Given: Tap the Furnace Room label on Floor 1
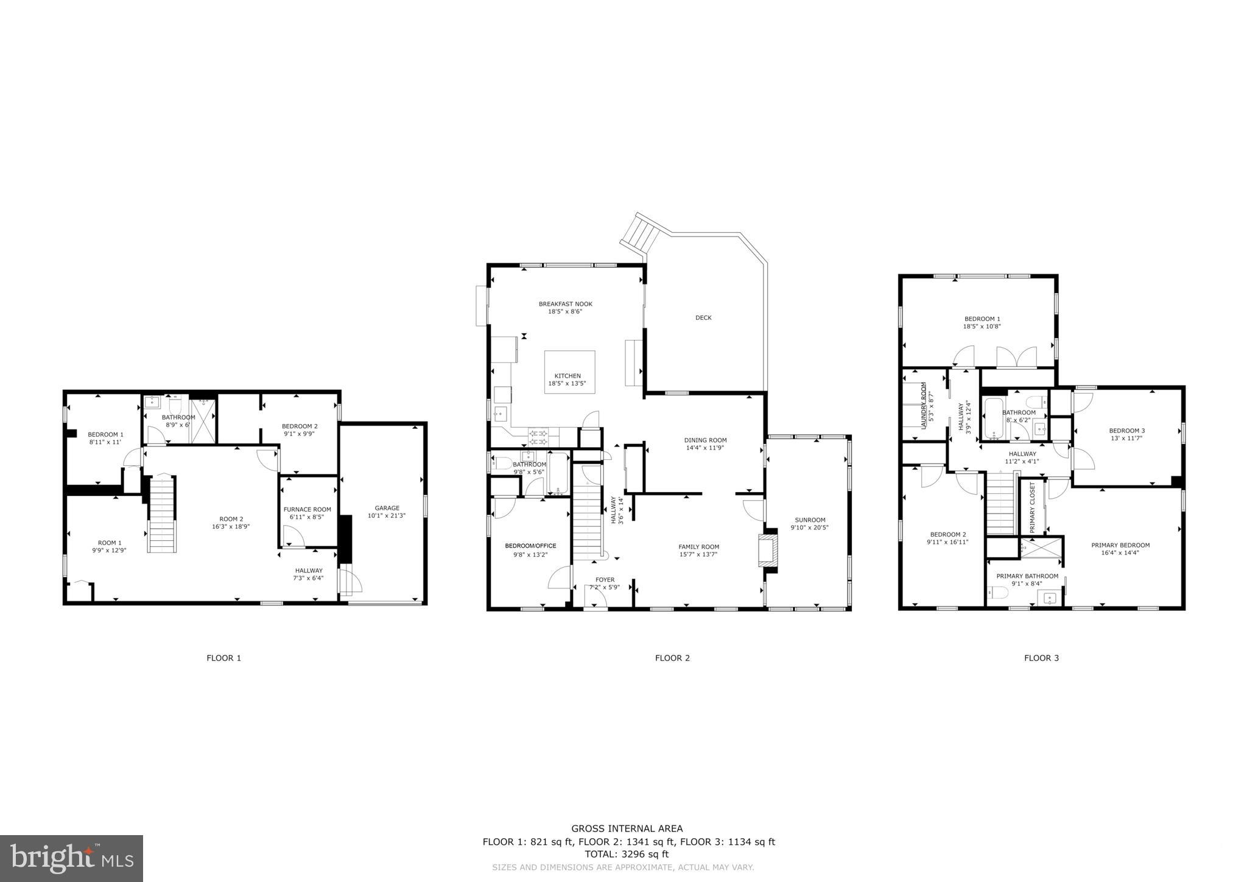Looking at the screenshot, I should point(307,509).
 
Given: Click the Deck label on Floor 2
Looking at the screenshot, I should point(703,318).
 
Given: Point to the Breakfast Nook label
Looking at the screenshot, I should point(565,304).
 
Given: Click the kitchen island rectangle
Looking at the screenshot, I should point(569,372).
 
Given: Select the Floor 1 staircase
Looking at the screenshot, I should point(163,515).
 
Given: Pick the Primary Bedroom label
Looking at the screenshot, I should point(1120,545).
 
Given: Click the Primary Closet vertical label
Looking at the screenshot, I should point(1032,507).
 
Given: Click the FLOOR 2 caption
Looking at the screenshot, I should point(672,658).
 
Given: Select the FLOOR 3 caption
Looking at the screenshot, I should point(1041,658).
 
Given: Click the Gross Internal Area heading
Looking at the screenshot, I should point(627,828).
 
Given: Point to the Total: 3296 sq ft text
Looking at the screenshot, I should point(627,854).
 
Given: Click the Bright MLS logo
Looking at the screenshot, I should point(72,858).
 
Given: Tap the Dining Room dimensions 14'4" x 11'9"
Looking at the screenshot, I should point(705,448).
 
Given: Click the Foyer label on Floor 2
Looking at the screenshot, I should point(605,580).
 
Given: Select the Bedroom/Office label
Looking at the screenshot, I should point(530,546).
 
